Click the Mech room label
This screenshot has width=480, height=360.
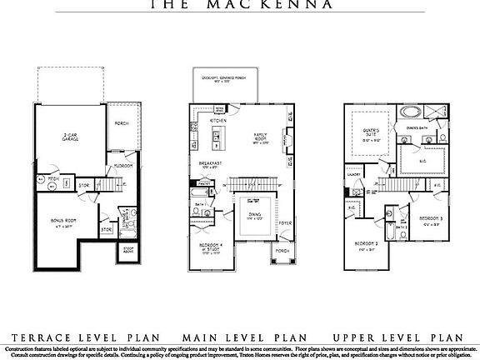52,178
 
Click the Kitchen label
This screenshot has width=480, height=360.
217,121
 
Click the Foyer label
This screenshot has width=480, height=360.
285,222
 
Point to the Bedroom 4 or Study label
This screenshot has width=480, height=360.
206,248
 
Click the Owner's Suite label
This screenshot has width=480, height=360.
372,132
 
